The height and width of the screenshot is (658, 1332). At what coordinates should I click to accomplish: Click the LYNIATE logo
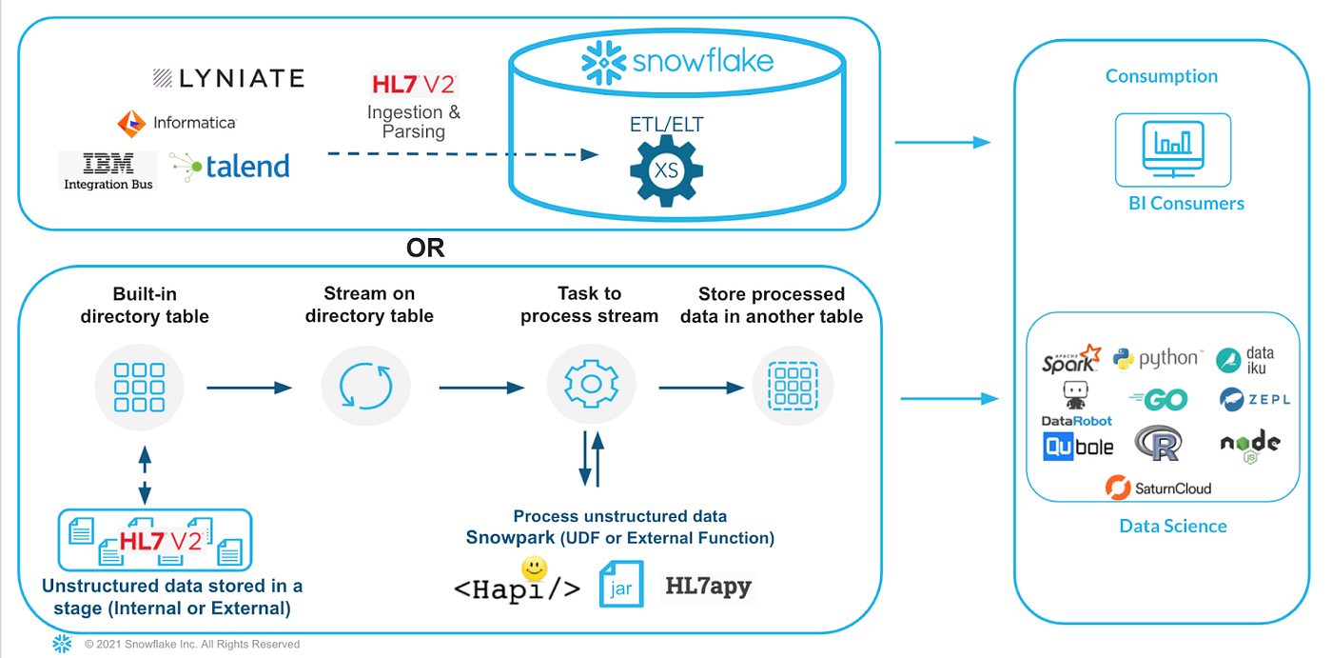tap(228, 78)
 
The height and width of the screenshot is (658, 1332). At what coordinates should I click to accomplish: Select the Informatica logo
tap(176, 123)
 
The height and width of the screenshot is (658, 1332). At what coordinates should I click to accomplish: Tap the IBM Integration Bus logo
tap(108, 170)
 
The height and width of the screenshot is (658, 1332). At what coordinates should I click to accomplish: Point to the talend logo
tap(230, 166)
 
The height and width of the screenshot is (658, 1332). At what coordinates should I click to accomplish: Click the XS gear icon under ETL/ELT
tap(666, 169)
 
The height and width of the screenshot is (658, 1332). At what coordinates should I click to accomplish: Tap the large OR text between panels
tap(425, 249)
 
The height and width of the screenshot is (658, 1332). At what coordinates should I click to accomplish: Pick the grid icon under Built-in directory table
tap(145, 386)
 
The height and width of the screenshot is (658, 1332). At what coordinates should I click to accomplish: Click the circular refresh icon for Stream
tap(365, 386)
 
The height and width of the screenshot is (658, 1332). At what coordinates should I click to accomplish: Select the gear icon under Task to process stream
tap(590, 386)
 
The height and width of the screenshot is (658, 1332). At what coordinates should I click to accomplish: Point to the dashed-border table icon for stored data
tap(793, 386)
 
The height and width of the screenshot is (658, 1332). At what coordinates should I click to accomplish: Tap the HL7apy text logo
tap(709, 586)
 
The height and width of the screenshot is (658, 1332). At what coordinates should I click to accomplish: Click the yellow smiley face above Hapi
tap(536, 569)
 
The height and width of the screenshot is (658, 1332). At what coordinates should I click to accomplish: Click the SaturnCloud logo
tap(1159, 488)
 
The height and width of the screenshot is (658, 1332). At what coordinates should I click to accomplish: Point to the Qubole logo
tap(1078, 446)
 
